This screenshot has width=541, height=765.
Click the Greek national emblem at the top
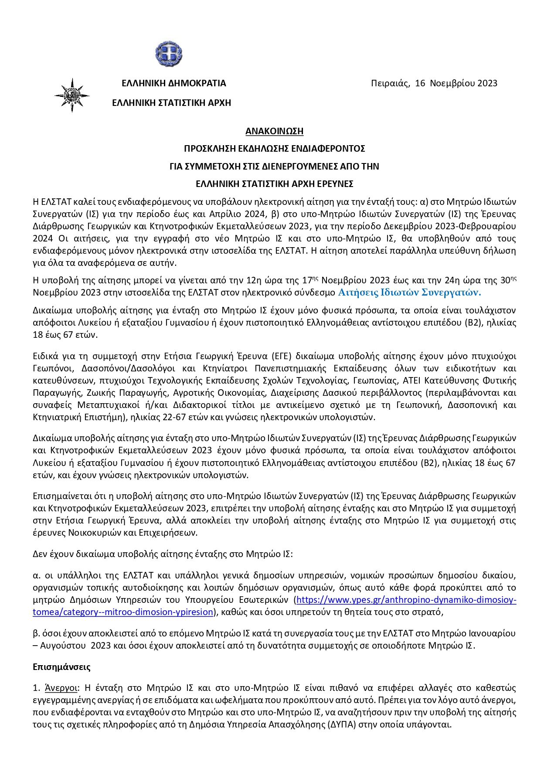[168, 54]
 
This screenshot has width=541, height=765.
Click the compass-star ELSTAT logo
[72, 95]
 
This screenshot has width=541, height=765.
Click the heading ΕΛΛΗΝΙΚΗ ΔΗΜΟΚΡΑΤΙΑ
[174, 83]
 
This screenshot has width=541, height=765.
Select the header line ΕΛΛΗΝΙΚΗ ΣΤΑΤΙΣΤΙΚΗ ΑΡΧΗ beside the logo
[171, 103]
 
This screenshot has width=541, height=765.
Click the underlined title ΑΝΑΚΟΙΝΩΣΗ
[274, 131]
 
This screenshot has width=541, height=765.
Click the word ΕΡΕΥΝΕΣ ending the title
[335, 184]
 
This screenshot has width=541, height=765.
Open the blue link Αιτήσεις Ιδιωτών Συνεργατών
[409, 292]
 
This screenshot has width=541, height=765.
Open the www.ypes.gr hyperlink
[406, 600]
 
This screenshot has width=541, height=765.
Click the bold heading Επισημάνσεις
[61, 667]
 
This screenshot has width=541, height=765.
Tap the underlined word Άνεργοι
[61, 688]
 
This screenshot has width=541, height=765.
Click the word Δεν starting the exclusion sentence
[40, 554]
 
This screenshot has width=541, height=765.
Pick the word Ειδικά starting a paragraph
[45, 356]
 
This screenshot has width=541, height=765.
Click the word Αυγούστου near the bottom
[62, 646]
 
